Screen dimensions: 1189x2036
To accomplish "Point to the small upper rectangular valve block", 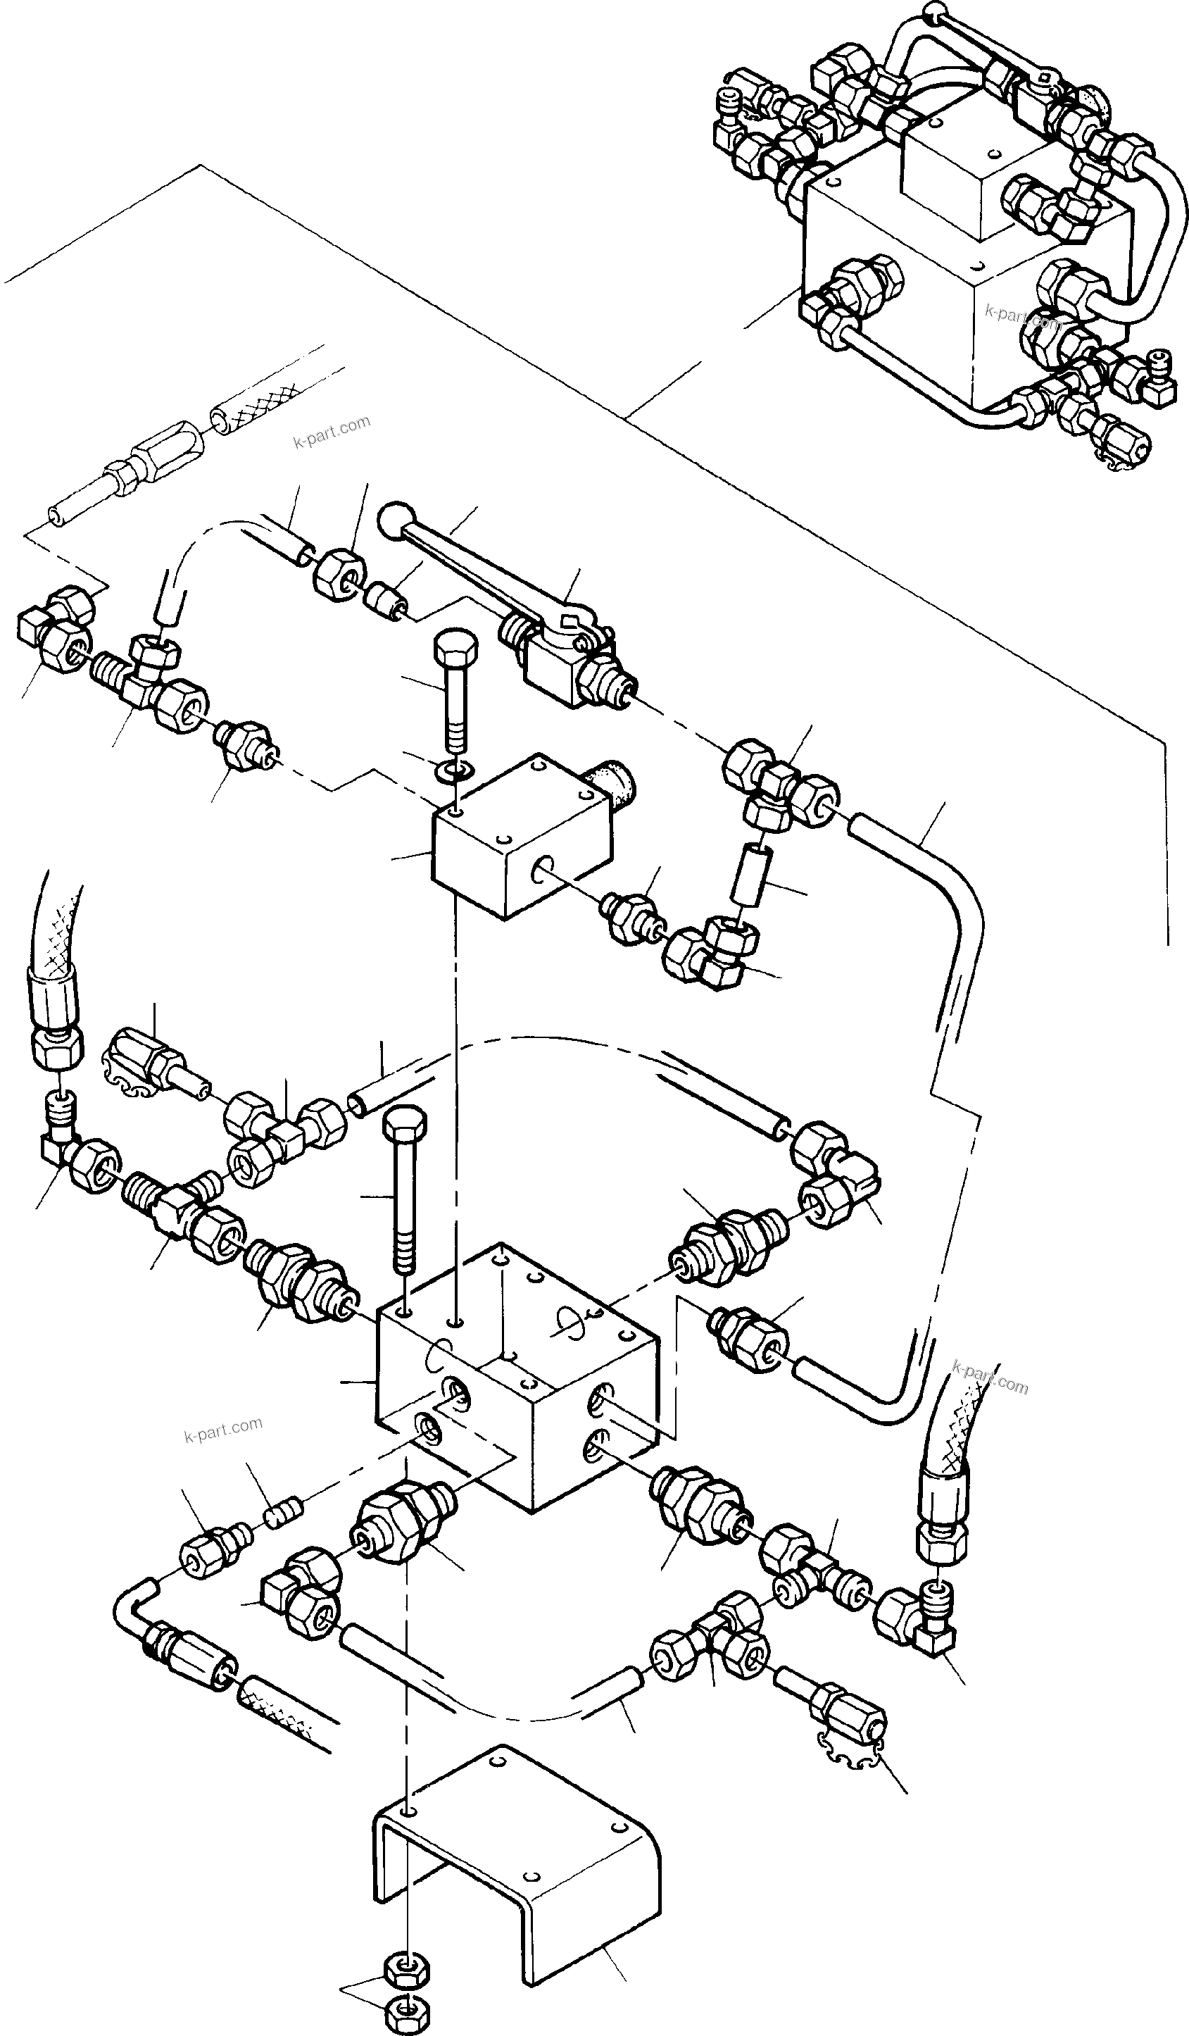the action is tap(521, 840).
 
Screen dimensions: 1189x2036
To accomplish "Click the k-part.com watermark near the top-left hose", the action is tap(331, 432).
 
